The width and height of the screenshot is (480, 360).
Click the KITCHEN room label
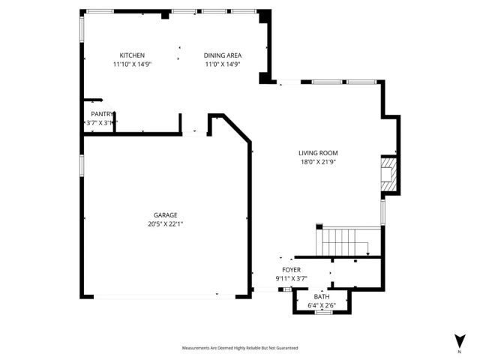coord(132,55)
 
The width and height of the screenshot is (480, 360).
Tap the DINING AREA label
coord(223,55)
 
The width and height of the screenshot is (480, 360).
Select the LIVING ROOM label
coord(318,152)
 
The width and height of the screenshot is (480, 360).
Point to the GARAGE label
coord(166,214)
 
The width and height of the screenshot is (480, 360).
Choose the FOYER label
coord(291,269)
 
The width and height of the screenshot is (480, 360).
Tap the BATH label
coord(322,296)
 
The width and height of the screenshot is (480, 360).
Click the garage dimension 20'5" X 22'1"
coord(166,223)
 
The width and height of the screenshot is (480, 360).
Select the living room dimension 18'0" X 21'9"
coord(318,161)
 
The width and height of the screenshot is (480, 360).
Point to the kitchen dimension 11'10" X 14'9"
coord(132,64)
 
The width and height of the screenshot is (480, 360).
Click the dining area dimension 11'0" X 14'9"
coord(223,64)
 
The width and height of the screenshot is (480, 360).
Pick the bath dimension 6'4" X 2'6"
coord(322,305)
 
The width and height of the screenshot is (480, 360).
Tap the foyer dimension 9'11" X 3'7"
coord(291,278)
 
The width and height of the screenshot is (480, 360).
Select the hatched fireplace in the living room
coord(388,174)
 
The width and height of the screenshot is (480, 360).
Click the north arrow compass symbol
coord(458,340)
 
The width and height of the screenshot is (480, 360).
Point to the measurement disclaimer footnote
coord(240,348)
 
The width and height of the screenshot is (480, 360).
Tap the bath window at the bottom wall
coord(323,313)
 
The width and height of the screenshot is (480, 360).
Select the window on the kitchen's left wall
coord(82,28)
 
